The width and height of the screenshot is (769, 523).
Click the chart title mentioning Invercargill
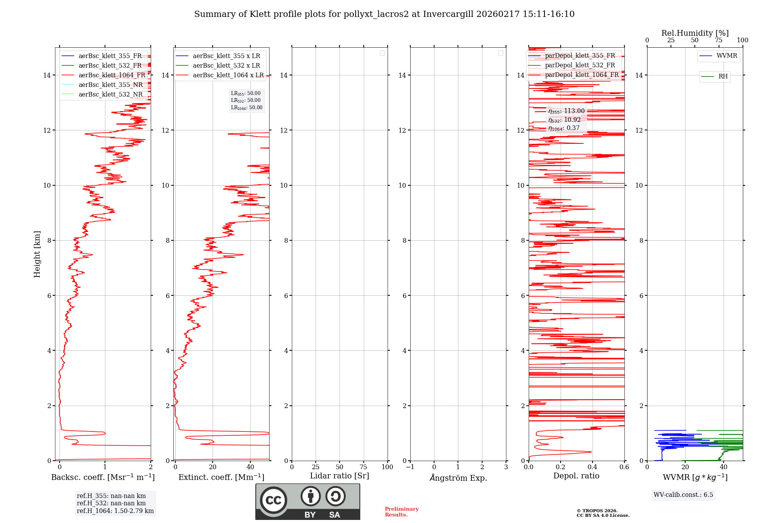[x=384, y=14]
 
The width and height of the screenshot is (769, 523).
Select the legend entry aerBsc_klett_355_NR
[x=110, y=85]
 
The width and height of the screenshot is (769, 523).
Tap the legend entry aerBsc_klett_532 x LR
[x=226, y=65]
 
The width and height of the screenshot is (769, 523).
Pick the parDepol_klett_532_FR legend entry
[x=580, y=65]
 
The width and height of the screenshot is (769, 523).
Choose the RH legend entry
[x=723, y=77]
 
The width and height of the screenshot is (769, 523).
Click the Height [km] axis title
[x=37, y=254]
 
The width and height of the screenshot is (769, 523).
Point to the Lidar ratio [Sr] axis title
[x=340, y=476]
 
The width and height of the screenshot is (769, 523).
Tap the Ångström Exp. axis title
[x=458, y=478]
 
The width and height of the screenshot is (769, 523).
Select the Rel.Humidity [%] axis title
[x=695, y=33]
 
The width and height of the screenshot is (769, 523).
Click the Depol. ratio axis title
[x=576, y=476]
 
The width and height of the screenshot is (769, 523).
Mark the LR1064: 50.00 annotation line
[x=246, y=108]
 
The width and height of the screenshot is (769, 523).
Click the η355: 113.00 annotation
[x=566, y=111]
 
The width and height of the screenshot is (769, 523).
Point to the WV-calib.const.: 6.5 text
[x=683, y=495]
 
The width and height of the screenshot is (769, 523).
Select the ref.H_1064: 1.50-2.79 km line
[x=115, y=511]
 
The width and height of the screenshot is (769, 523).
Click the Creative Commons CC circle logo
[x=273, y=500]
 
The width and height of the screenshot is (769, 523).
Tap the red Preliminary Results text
[x=401, y=511]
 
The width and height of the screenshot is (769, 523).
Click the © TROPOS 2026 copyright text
[x=597, y=511]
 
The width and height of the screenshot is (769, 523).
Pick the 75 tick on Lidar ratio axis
[x=363, y=467]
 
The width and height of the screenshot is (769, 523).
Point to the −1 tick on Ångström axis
[x=410, y=467]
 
